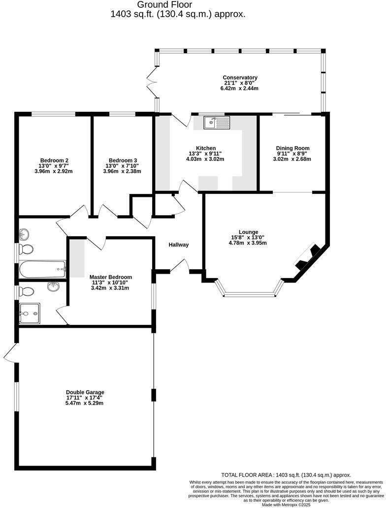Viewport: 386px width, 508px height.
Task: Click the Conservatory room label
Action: (240, 78)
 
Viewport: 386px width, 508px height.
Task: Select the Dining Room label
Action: (292, 148)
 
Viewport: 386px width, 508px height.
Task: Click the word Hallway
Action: (179, 245)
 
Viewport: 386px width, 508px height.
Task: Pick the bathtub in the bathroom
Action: (42, 268)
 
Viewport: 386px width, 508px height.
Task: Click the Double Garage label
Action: (85, 392)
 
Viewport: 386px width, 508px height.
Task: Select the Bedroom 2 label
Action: (54, 160)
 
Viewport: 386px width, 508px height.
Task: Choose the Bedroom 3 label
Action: (123, 160)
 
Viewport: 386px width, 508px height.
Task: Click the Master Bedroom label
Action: (110, 277)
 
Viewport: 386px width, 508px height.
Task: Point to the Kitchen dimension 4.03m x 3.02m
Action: (206, 159)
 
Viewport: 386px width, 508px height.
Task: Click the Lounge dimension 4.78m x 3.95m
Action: (248, 243)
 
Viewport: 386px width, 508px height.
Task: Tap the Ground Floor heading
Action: (178, 5)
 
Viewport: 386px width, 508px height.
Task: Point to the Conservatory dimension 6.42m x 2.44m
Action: (240, 89)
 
